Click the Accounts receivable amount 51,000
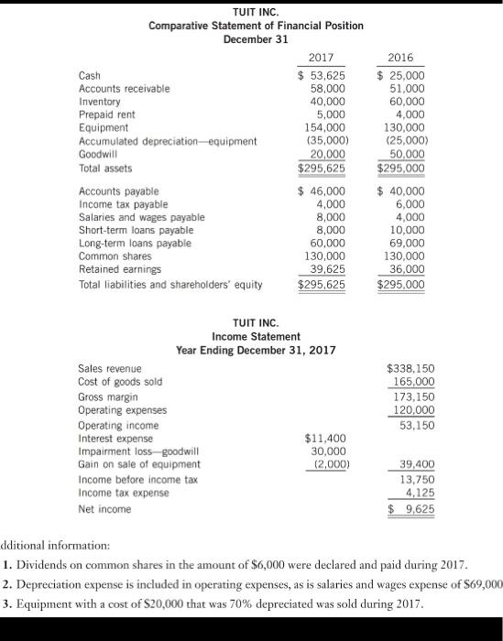pyautogui.click(x=406, y=88)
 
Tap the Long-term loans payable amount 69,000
pyautogui.click(x=406, y=244)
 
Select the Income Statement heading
pyautogui.click(x=256, y=337)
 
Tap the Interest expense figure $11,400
pyautogui.click(x=323, y=439)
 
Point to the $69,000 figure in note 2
pyautogui.click(x=481, y=583)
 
